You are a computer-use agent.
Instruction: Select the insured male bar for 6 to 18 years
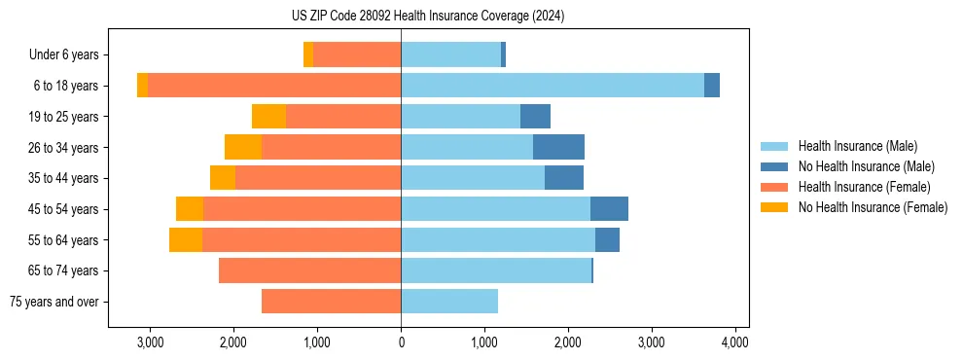552,86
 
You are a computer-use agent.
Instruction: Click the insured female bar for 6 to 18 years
274,86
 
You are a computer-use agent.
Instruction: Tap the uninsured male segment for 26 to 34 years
558,147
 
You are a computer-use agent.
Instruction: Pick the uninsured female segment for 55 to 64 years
186,239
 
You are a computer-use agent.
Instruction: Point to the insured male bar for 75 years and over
449,302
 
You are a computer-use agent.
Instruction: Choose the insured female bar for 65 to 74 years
309,270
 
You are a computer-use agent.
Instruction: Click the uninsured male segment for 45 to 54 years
609,209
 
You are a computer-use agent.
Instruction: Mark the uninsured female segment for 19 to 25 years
268,117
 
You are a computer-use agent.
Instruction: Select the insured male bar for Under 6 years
450,54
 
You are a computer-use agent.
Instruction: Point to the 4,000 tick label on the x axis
734,342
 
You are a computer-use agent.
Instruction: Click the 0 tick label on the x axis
401,342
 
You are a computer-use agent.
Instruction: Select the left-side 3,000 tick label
151,342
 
